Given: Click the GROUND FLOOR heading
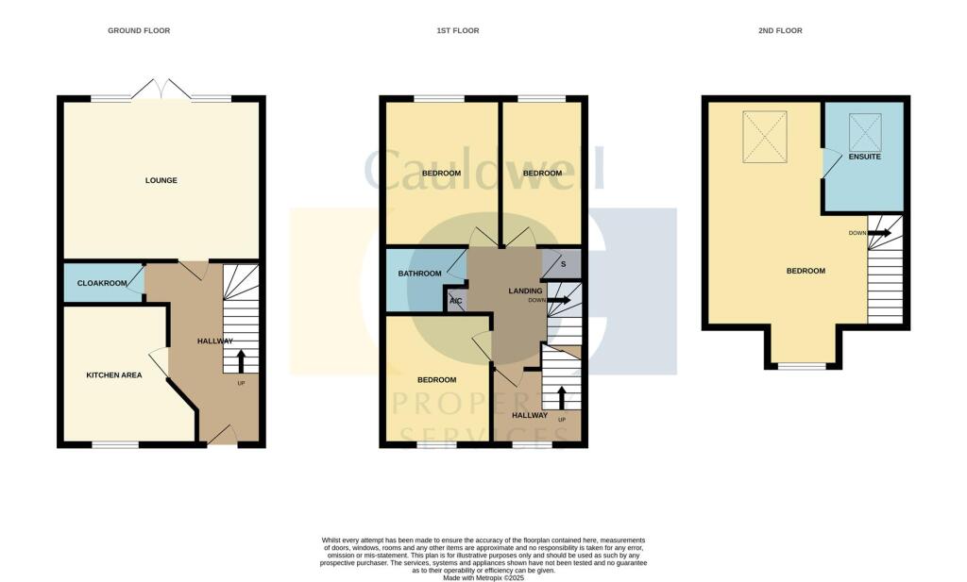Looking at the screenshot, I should [x=139, y=31].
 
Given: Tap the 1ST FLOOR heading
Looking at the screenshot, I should [x=457, y=31].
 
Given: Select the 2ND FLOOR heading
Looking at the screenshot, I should [x=780, y=31].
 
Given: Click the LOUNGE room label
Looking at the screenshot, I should [x=161, y=180].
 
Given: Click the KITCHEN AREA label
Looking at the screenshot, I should [x=114, y=375].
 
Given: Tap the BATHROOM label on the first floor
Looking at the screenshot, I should [x=419, y=274].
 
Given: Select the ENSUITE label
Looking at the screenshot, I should [x=865, y=157].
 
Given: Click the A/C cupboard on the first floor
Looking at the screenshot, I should [x=456, y=302].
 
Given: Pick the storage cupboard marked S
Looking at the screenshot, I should [x=562, y=263].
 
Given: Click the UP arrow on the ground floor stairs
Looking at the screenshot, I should [x=240, y=360].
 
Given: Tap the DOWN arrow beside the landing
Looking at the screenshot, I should [x=560, y=301].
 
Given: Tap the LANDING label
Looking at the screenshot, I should [x=524, y=291].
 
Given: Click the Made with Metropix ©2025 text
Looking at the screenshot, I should [x=483, y=577].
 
